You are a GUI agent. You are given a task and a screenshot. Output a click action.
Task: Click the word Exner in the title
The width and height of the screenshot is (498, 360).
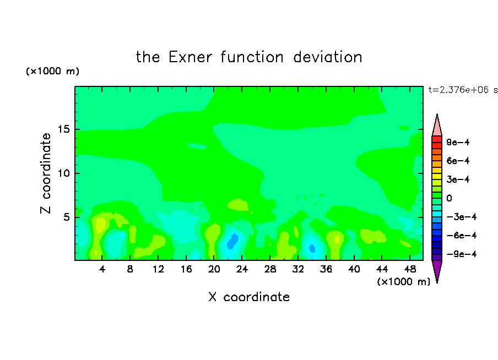pyautogui.click(x=190, y=57)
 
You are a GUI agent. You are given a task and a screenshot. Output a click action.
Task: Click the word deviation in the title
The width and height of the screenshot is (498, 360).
pyautogui.click(x=327, y=57)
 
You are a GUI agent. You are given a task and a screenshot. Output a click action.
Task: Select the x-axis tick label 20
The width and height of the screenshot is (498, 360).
pyautogui.click(x=214, y=269)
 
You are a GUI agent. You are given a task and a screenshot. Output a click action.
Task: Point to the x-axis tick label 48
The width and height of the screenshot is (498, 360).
pyautogui.click(x=410, y=269)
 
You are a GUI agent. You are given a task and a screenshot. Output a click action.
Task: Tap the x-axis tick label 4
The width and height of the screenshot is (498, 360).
pyautogui.click(x=102, y=269)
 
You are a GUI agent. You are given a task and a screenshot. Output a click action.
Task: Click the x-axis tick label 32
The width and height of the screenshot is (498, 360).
pyautogui.click(x=298, y=269)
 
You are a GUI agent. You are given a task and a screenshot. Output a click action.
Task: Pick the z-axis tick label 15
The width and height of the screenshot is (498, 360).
pyautogui.click(x=63, y=129)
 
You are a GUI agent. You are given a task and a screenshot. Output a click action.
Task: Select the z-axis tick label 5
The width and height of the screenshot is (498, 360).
pyautogui.click(x=66, y=217)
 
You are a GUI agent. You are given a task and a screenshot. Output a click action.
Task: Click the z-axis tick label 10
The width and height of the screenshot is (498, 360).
pyautogui.click(x=63, y=173)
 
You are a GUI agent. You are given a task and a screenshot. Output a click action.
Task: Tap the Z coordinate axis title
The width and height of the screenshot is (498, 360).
pyautogui.click(x=46, y=173)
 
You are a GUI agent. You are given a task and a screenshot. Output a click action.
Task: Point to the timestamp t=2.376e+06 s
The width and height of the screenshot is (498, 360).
pyautogui.click(x=463, y=90)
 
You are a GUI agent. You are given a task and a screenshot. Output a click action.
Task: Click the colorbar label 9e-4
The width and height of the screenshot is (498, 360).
pyautogui.click(x=458, y=142)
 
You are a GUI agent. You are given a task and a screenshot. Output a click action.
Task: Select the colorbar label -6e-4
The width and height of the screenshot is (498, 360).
pyautogui.click(x=462, y=236)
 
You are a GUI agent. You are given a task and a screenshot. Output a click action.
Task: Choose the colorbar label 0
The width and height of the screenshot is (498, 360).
pyautogui.click(x=449, y=198)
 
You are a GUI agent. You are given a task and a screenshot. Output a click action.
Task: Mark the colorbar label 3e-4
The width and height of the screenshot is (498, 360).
pyautogui.click(x=458, y=179)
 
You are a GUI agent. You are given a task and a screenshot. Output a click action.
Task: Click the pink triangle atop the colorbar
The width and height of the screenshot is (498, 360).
pyautogui.click(x=437, y=126)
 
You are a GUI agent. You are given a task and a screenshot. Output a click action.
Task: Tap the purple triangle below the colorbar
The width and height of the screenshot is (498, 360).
pyautogui.click(x=437, y=270)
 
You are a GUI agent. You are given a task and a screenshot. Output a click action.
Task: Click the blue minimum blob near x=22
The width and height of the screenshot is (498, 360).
pyautogui.click(x=232, y=241)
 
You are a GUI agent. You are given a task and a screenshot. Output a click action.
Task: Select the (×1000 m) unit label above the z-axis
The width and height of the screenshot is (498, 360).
pyautogui.click(x=52, y=71)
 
